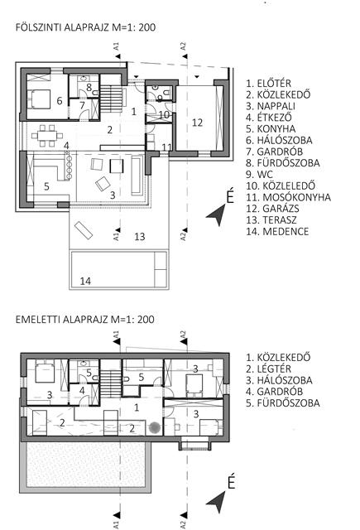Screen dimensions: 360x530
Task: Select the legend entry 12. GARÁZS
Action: point(272,209)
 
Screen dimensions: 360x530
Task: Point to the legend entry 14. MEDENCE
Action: point(277,232)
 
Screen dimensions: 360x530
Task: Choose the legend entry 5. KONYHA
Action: point(271,129)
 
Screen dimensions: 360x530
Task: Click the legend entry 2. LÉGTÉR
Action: point(268,369)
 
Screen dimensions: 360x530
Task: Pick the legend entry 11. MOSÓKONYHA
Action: point(288,197)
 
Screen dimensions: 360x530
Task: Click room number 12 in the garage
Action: point(197,123)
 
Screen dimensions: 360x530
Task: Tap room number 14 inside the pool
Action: point(85,281)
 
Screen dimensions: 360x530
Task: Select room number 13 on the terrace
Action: point(140,236)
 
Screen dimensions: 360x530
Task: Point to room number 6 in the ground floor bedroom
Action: point(60,100)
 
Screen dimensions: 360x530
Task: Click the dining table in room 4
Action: point(47,136)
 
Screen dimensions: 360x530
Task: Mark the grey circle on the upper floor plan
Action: point(155,428)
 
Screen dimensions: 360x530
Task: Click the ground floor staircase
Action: point(110,99)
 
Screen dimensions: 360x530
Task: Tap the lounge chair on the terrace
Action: point(84,230)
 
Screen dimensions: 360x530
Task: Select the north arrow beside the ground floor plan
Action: point(217,215)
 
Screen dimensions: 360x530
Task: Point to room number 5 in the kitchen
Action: point(46,186)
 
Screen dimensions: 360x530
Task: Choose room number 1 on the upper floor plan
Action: point(137,407)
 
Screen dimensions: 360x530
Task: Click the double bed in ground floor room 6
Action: point(39,99)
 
